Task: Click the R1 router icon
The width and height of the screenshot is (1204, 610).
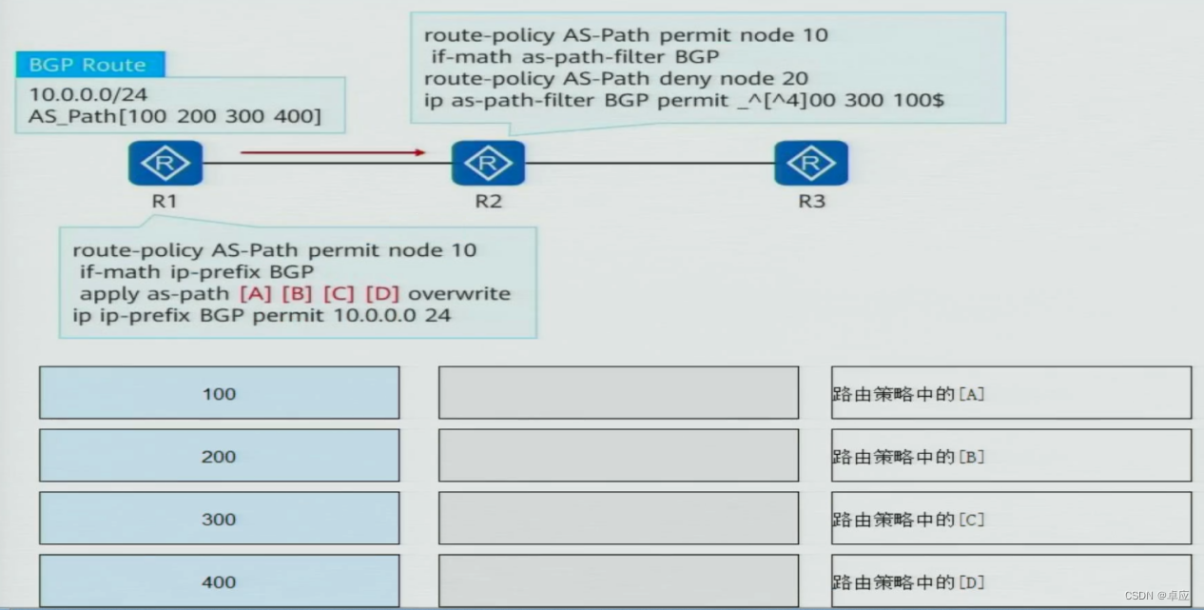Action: click(165, 164)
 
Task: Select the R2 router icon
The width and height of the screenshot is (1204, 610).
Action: click(488, 164)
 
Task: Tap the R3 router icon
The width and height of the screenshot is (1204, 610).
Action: click(810, 164)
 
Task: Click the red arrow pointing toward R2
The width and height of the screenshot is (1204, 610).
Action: click(332, 151)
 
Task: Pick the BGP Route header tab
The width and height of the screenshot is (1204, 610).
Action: click(88, 65)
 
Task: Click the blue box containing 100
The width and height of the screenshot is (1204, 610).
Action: click(219, 393)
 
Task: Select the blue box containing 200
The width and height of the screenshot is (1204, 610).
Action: click(219, 456)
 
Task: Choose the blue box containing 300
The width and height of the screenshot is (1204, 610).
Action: click(219, 519)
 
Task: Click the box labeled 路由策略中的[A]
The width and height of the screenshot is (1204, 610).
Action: click(1010, 393)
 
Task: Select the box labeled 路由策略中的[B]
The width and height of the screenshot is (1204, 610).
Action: click(1010, 456)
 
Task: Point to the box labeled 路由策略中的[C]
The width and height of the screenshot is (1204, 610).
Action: click(1010, 519)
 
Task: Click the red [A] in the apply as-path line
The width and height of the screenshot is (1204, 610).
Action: click(255, 293)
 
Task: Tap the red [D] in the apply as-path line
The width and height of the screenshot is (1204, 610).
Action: click(381, 293)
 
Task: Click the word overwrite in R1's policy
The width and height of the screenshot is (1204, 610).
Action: click(458, 293)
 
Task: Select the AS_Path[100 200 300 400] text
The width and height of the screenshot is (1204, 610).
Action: click(175, 117)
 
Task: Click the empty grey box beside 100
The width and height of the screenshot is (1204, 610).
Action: click(618, 393)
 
